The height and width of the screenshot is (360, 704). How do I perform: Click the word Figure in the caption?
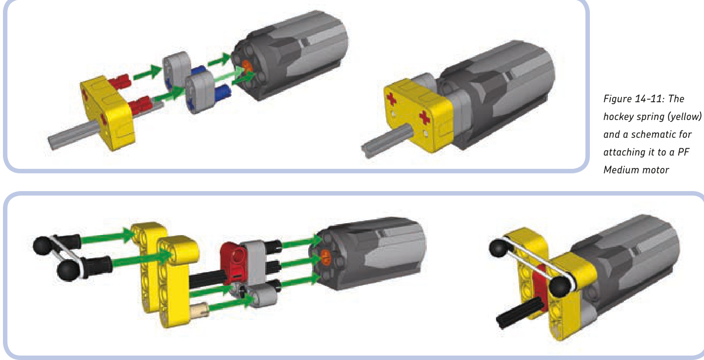click(617, 99)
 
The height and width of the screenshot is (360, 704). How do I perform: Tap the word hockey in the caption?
click(619, 117)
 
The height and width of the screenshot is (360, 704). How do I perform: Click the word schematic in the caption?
click(658, 135)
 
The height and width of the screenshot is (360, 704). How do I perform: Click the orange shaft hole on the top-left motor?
click(247, 67)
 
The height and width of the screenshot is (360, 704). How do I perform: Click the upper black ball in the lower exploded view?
click(42, 245)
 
